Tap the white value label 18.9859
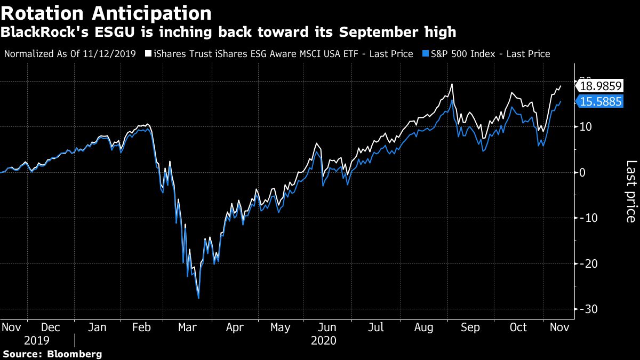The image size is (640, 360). point(601,86)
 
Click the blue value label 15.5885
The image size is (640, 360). point(601,101)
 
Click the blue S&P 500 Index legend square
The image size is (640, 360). point(425,54)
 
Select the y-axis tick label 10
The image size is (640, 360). point(586,127)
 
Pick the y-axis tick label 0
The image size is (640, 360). point(583,172)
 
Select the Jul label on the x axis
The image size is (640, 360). point(377,327)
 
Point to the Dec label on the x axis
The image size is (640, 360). point(51,327)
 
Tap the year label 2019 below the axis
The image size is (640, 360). point(36,340)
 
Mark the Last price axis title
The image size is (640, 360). point(630,191)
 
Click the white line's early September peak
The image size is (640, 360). point(452,84)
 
